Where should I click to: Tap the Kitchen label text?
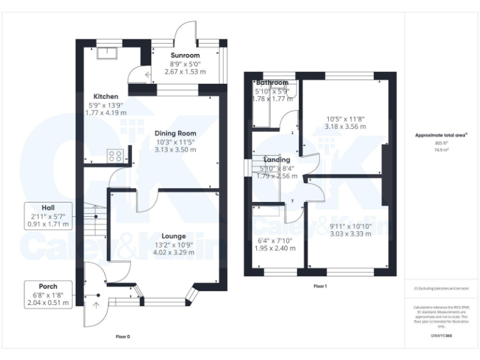(x=103, y=96)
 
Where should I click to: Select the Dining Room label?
(x=176, y=133)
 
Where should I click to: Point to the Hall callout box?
(x=48, y=216)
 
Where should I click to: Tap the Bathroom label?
(x=272, y=82)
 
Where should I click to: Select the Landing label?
(x=276, y=160)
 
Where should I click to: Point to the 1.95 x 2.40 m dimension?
(x=276, y=248)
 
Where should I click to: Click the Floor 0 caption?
(x=123, y=336)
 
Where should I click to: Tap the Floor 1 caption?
(x=320, y=286)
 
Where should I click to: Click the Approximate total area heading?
(x=441, y=135)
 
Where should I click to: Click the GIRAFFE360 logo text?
(x=441, y=336)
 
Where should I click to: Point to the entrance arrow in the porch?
(x=96, y=304)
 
